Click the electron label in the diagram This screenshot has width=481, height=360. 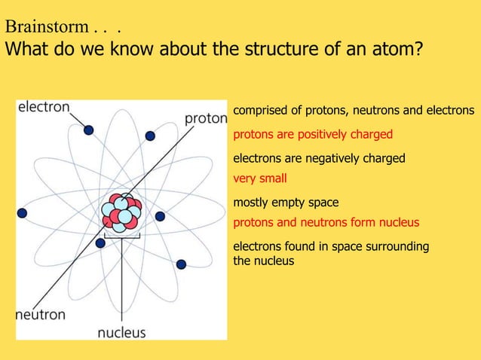coord(44,107)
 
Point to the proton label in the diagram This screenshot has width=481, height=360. coord(206,118)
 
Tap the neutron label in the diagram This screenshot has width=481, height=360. coord(41,314)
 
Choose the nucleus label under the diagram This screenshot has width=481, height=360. coord(121,331)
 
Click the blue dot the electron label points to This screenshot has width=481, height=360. coord(89,130)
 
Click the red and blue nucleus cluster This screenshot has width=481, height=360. coord(121,212)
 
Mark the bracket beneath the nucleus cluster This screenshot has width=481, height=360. coord(121,237)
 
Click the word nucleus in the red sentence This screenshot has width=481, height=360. coord(399,223)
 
